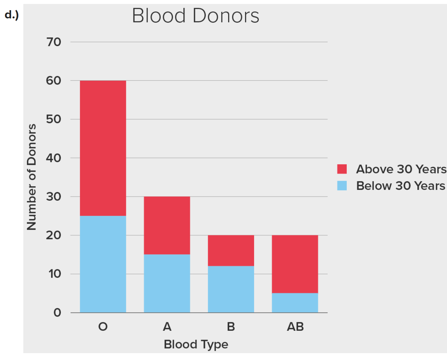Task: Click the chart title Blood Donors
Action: click(196, 16)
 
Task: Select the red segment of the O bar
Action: click(103, 148)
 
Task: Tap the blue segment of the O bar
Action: click(103, 264)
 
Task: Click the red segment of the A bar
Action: click(167, 225)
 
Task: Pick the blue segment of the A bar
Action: click(167, 283)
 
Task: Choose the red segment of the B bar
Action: click(231, 250)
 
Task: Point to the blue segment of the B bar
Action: click(231, 289)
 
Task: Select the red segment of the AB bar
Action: click(295, 264)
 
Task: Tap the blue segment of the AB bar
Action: click(295, 303)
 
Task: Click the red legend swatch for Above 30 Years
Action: click(342, 169)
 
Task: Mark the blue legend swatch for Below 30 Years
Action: click(342, 186)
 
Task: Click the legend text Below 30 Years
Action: click(401, 186)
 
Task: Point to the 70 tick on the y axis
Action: click(54, 42)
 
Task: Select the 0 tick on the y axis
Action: click(58, 312)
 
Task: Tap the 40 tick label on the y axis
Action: click(54, 158)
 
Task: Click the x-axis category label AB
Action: click(295, 327)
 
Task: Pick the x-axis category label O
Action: click(103, 327)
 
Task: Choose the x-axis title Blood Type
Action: click(196, 344)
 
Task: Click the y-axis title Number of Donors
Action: click(32, 177)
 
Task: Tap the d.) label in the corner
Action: click(12, 15)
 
